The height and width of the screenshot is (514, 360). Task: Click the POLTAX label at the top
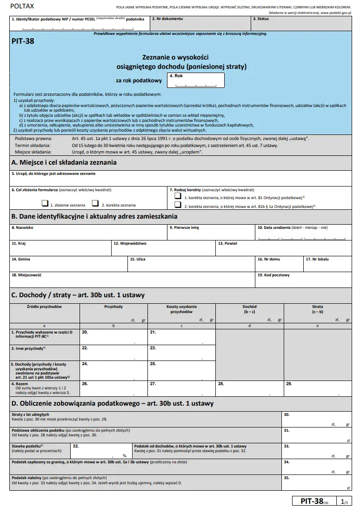click(18, 6)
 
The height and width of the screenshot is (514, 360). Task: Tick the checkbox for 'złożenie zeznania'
click(45, 203)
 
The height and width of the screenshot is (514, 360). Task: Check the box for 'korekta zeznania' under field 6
click(95, 203)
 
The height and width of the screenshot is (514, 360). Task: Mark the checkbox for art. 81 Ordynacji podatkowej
click(177, 197)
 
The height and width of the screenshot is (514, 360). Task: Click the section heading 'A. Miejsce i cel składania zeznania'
click(64, 162)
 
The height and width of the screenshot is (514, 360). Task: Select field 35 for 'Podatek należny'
click(316, 483)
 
